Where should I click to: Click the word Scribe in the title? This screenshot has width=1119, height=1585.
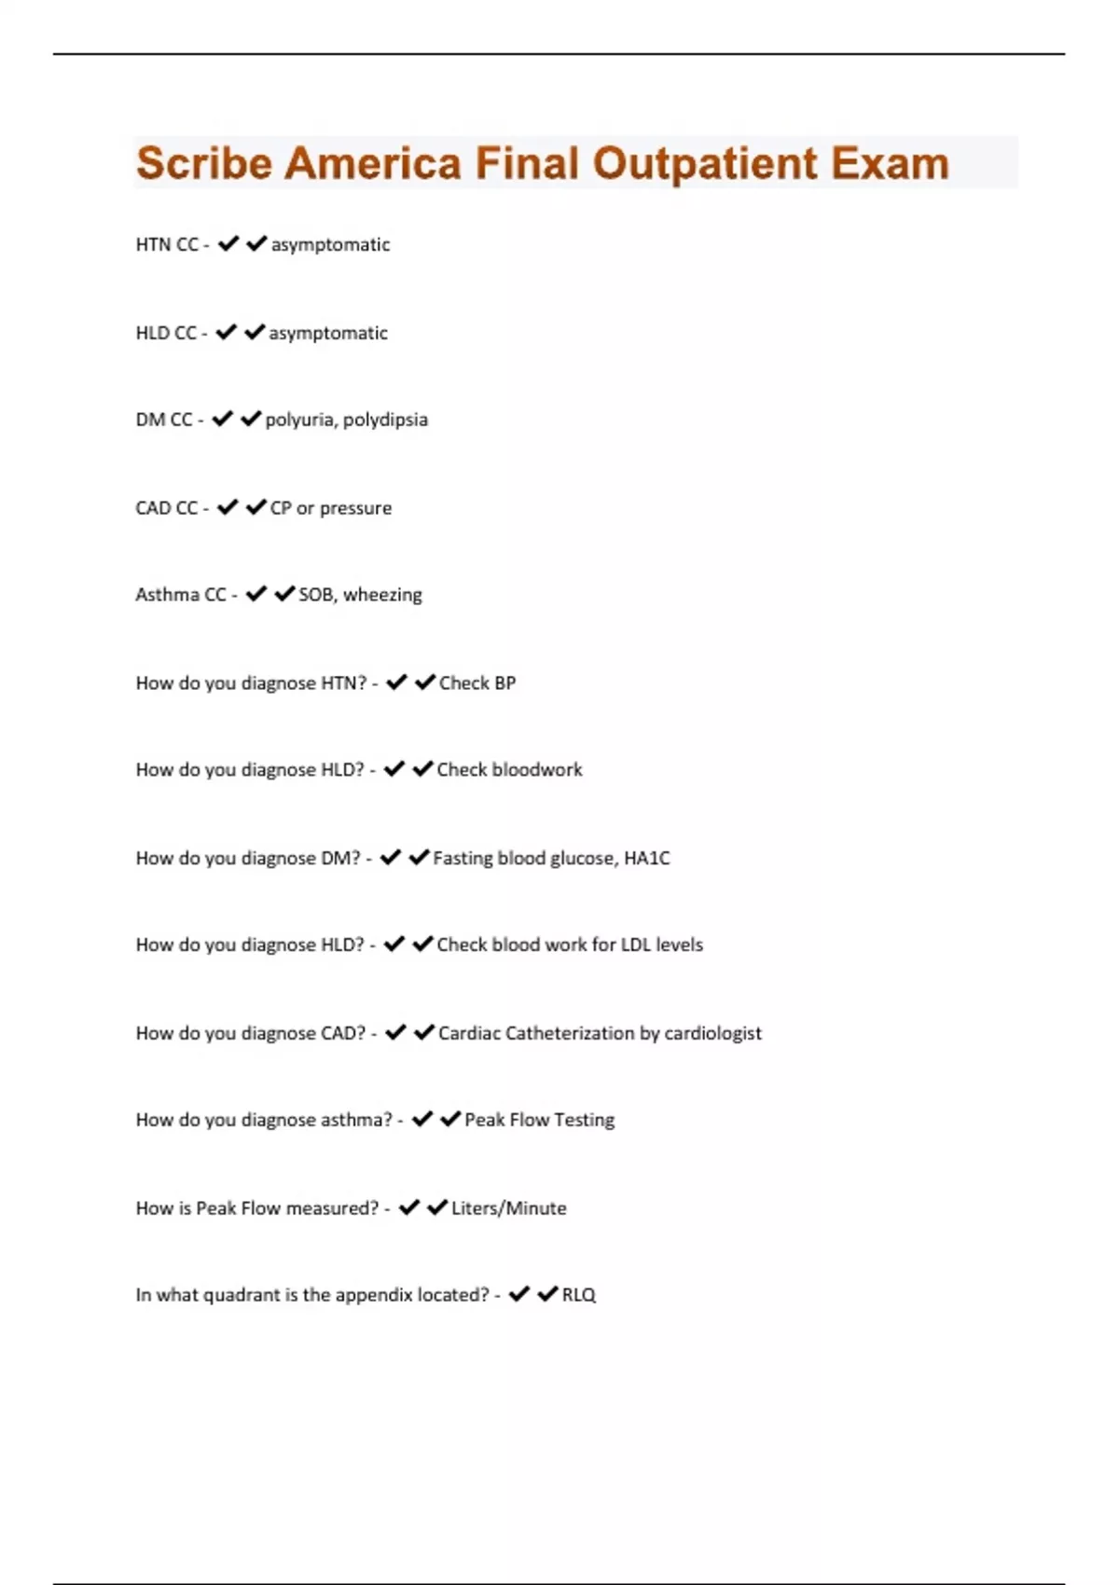203,164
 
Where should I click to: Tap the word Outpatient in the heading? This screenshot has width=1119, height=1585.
705,164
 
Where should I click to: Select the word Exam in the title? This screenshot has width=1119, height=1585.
890,164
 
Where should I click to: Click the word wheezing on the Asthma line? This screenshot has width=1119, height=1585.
382,595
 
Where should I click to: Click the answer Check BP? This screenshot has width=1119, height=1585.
477,683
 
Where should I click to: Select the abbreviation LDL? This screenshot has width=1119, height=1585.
635,945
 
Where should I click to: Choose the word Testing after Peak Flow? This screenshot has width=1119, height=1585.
584,1120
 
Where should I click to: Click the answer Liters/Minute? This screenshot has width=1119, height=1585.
508,1208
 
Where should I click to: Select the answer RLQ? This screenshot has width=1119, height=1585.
578,1295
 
